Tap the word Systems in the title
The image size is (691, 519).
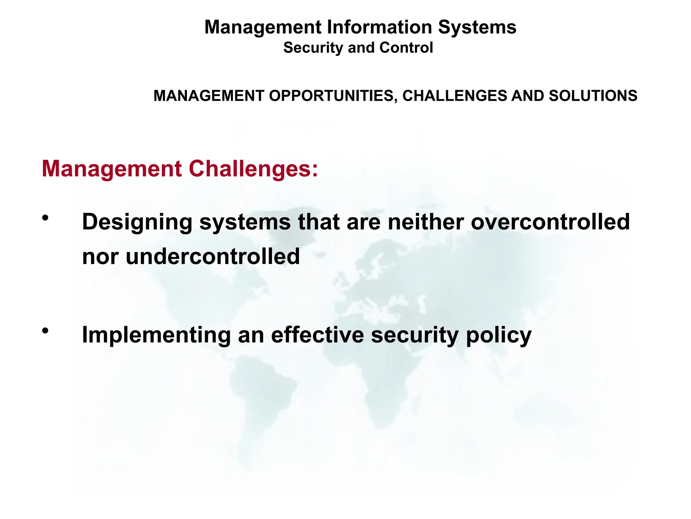coord(477,27)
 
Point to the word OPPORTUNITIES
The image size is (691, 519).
coord(331,96)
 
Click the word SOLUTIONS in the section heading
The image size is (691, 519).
coord(593,96)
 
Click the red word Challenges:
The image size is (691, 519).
coord(253,169)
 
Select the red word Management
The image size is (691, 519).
coord(112,169)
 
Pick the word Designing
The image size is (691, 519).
coord(137,222)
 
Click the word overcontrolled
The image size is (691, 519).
coord(550,222)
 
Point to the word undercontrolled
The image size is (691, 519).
coord(213,256)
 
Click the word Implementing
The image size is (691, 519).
coord(156,335)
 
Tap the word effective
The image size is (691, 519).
coord(317,335)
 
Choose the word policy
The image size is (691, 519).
coord(498,335)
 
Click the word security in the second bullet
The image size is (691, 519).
coord(415,335)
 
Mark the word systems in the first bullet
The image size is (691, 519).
coord(245,222)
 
